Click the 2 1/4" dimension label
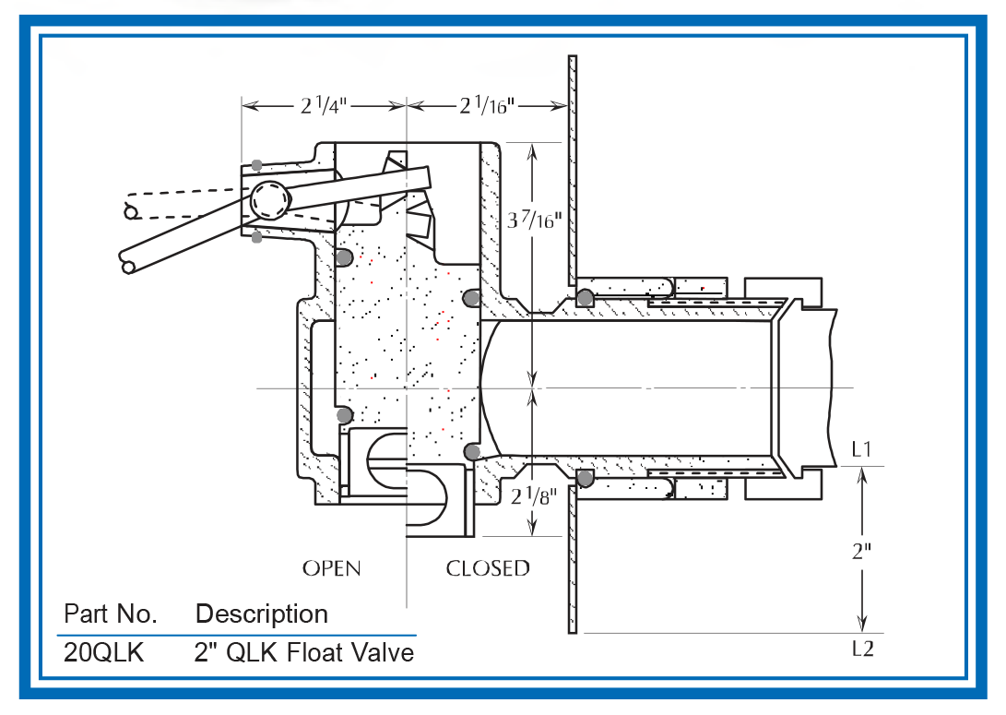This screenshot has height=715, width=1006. point(324,106)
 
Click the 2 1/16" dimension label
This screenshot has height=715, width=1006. point(488,106)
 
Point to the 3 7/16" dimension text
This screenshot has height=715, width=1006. point(535,220)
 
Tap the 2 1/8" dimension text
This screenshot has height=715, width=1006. point(534,496)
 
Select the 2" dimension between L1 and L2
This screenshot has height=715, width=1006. point(861,551)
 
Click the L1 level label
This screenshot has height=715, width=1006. point(861,449)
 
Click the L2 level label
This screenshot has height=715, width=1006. point(863,649)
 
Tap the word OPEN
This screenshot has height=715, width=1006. point(332,568)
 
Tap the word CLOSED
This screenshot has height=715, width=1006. point(488,568)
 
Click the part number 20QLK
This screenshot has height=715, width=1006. point(104,653)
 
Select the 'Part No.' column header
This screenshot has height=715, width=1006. point(111,614)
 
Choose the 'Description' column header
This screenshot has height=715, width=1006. point(262,614)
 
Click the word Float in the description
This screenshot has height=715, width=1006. point(314,653)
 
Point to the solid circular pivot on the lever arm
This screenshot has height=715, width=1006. point(269,200)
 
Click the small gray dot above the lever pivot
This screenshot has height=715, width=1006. point(256,165)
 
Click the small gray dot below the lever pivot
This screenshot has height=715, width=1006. point(256,238)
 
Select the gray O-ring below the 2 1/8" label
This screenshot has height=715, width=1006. point(586,478)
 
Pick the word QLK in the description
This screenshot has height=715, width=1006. point(252,653)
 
